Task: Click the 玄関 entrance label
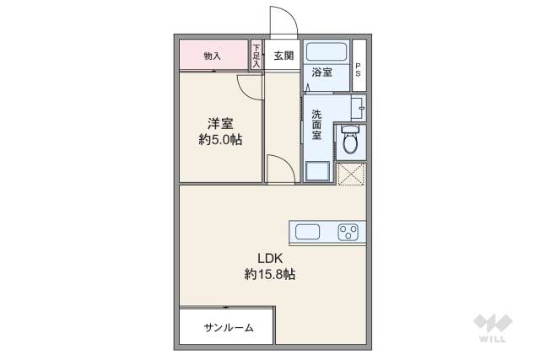[x=283, y=56]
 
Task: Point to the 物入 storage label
[x=212, y=56]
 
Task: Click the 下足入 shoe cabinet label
[x=256, y=56]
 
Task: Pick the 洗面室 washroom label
[x=316, y=125]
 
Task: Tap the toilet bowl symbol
[x=351, y=141]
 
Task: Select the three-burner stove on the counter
[x=348, y=230]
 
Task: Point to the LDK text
[x=270, y=258]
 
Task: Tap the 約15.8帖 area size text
[x=270, y=274]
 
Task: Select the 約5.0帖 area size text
[x=220, y=141]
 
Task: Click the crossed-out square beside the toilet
[x=350, y=173]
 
